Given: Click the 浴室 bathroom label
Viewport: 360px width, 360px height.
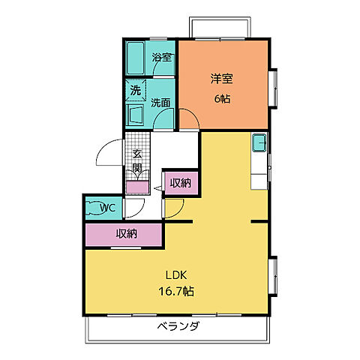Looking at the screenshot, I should (x=162, y=58).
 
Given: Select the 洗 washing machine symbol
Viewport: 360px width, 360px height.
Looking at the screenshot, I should (x=136, y=90).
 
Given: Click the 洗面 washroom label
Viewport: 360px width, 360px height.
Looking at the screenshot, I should (x=160, y=103).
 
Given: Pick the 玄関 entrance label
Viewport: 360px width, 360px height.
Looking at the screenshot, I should (x=137, y=161).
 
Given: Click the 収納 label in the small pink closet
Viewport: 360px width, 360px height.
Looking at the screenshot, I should (x=179, y=182).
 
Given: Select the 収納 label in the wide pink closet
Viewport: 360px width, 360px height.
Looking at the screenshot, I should (x=126, y=233).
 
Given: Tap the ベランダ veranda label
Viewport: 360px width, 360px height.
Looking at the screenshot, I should (x=178, y=327).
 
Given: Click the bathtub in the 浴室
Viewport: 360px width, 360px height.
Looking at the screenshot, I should (x=138, y=56).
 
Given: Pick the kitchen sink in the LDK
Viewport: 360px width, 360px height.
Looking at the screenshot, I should (x=259, y=142).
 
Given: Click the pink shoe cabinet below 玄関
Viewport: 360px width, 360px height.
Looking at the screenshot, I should (x=136, y=187).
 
